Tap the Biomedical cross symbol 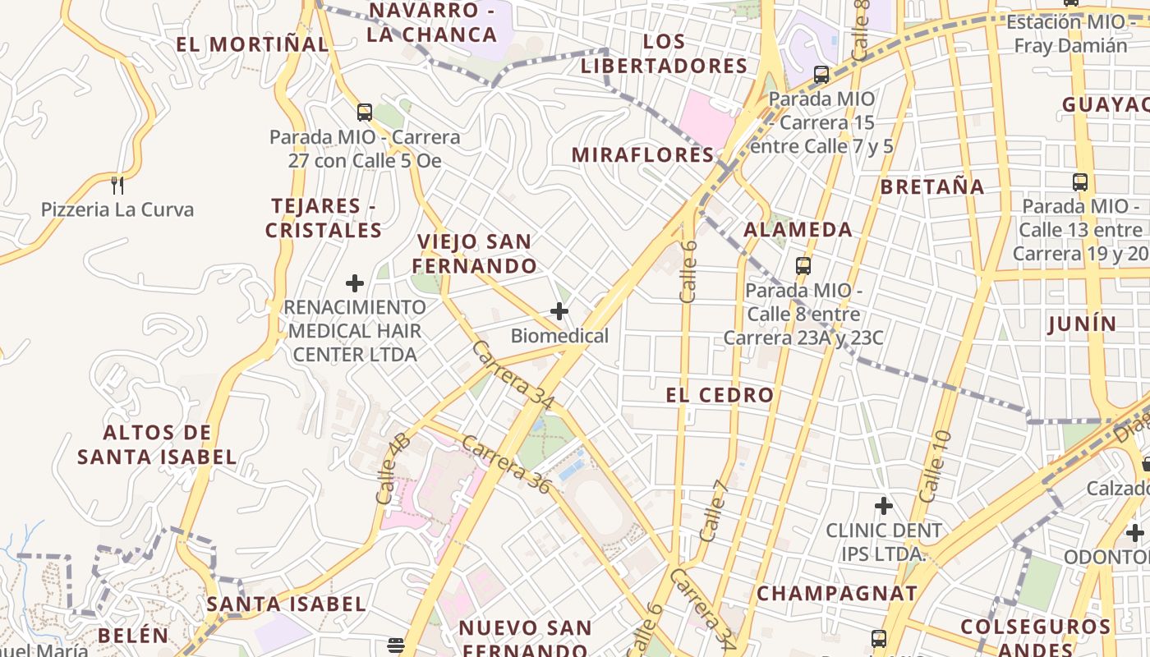(x=559, y=311)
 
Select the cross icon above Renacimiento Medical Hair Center (x=355, y=283)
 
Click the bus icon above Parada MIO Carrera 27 (x=365, y=113)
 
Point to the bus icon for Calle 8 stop (x=803, y=266)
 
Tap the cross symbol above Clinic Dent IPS (x=884, y=505)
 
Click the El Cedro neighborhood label (x=720, y=395)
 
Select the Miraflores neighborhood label (x=643, y=154)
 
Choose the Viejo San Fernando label (x=475, y=254)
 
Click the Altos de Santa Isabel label (x=158, y=444)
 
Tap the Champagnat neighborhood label (x=837, y=593)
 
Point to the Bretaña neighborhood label (x=932, y=186)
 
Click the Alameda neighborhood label (x=798, y=229)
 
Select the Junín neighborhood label (x=1083, y=324)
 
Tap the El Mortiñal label (x=252, y=44)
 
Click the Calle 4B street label (x=393, y=468)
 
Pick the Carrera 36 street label (x=505, y=464)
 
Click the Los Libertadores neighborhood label (x=664, y=53)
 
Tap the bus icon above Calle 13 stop (x=1080, y=182)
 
